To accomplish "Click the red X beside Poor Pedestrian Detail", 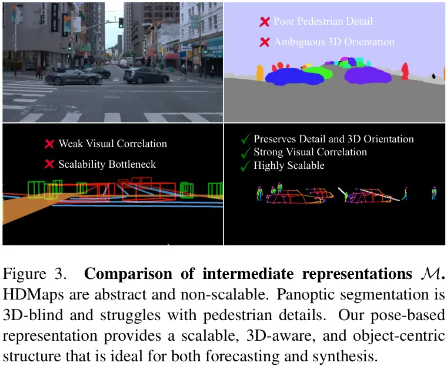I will click(x=265, y=22).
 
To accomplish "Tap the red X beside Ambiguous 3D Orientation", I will click(x=265, y=42).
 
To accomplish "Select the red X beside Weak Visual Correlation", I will click(x=49, y=144).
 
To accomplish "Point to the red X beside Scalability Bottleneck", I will click(x=49, y=164).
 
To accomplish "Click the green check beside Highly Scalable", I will click(x=245, y=167).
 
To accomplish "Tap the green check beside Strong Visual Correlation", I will click(x=245, y=152).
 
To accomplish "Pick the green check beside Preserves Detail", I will click(x=245, y=139).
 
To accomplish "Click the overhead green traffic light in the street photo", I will click(x=121, y=23).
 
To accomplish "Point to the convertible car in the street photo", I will click(x=72, y=77).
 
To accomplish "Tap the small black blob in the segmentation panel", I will click(x=433, y=76).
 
